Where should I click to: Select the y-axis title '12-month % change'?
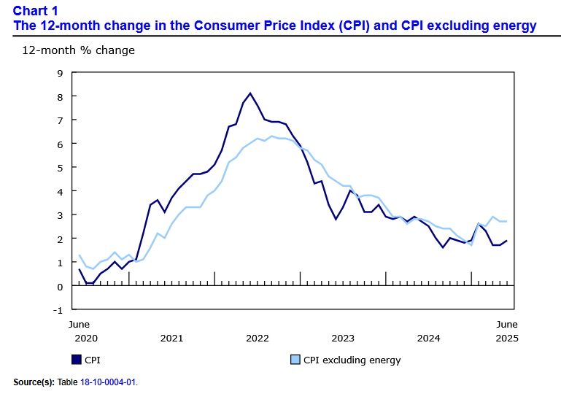78,50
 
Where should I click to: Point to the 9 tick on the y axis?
60,73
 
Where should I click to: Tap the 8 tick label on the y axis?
60,96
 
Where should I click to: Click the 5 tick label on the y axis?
60,167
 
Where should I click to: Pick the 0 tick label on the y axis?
60,286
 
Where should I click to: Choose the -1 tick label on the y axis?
58,309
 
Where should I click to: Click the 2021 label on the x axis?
171,338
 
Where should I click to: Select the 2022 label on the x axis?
258,338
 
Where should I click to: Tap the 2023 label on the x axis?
343,338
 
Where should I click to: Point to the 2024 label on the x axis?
428,338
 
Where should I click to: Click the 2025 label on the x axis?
507,338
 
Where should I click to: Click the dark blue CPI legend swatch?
76,359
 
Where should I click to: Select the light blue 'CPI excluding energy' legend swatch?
295,359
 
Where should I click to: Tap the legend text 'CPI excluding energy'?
352,360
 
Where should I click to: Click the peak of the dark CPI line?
250,93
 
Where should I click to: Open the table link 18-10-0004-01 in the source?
107,382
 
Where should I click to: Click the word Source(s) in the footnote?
34,382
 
